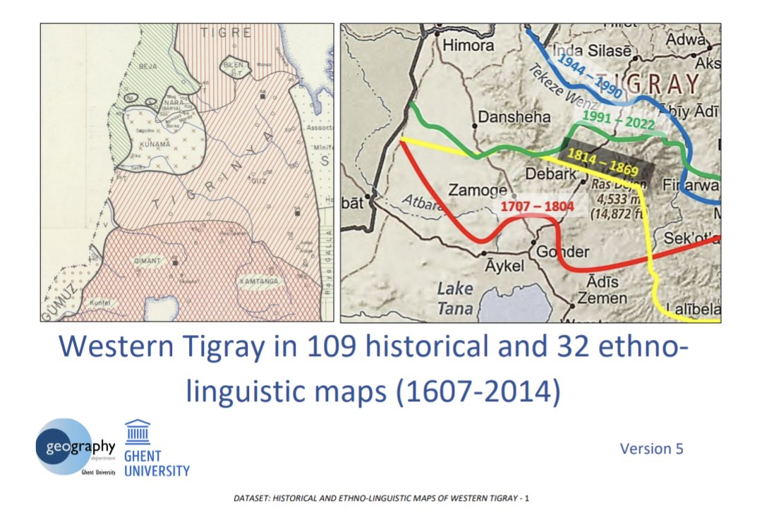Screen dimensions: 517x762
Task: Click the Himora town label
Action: click(468, 44)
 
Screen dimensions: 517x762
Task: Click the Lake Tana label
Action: click(455, 298)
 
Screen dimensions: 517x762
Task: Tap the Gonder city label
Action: click(562, 252)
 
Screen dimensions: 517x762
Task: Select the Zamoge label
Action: click(478, 190)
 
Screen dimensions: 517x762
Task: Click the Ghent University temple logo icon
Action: click(138, 432)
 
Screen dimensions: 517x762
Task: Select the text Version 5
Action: click(651, 449)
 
